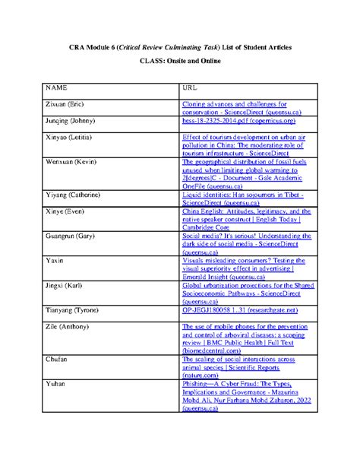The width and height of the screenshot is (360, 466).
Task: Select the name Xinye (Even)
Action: (67, 211)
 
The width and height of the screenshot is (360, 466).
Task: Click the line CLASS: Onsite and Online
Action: (180, 60)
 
